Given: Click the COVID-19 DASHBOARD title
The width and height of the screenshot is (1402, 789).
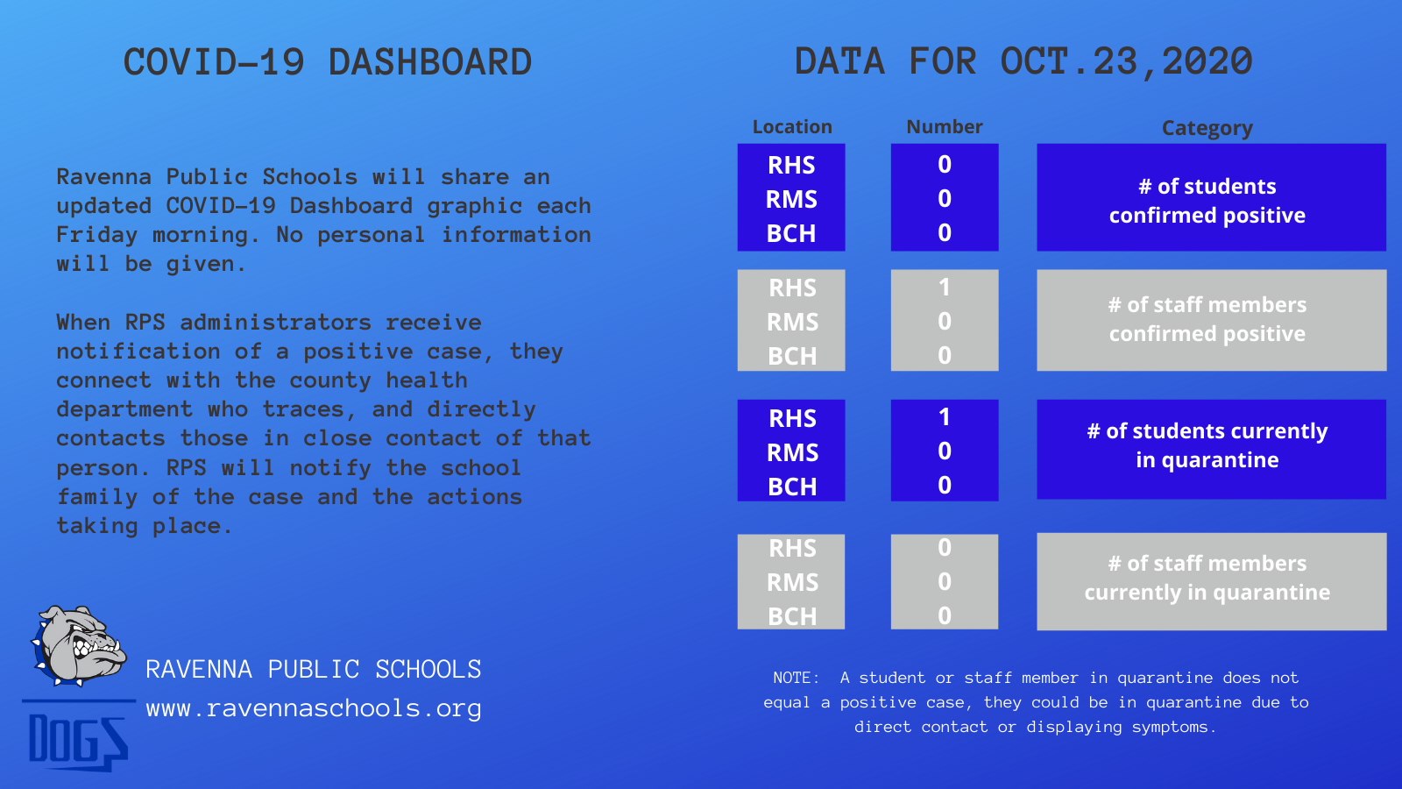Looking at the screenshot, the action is click(328, 62).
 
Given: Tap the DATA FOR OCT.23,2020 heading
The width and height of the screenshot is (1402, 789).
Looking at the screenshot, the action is click(1023, 62).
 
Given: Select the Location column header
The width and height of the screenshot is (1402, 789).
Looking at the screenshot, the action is click(792, 127).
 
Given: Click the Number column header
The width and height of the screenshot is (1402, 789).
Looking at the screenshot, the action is click(945, 127).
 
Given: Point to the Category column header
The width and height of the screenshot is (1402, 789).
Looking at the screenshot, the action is click(1207, 128).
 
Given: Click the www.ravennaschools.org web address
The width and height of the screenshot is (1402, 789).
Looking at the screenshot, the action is click(314, 709).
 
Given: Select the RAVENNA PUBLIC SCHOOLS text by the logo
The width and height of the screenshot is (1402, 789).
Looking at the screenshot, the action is click(314, 670).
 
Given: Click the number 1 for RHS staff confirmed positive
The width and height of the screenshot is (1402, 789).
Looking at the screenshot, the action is click(945, 288).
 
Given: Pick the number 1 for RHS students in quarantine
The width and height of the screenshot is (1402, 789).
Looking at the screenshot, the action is click(945, 417).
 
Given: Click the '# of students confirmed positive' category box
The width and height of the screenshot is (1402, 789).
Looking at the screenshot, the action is click(1211, 197).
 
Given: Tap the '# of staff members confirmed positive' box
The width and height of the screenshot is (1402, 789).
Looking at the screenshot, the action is click(1211, 320).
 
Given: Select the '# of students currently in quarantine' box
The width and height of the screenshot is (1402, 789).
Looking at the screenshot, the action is click(1211, 449).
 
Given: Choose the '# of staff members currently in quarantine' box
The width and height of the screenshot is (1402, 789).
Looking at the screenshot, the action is click(1211, 582).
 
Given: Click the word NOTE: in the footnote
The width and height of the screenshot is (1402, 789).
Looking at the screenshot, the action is click(797, 679).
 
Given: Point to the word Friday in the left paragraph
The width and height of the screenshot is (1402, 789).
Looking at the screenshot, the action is click(96, 236).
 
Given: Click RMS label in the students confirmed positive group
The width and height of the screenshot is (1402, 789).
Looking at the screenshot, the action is click(792, 200).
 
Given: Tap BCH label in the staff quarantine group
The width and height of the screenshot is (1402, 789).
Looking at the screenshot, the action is click(792, 617).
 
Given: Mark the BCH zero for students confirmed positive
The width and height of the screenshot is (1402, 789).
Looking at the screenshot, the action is click(945, 233).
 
